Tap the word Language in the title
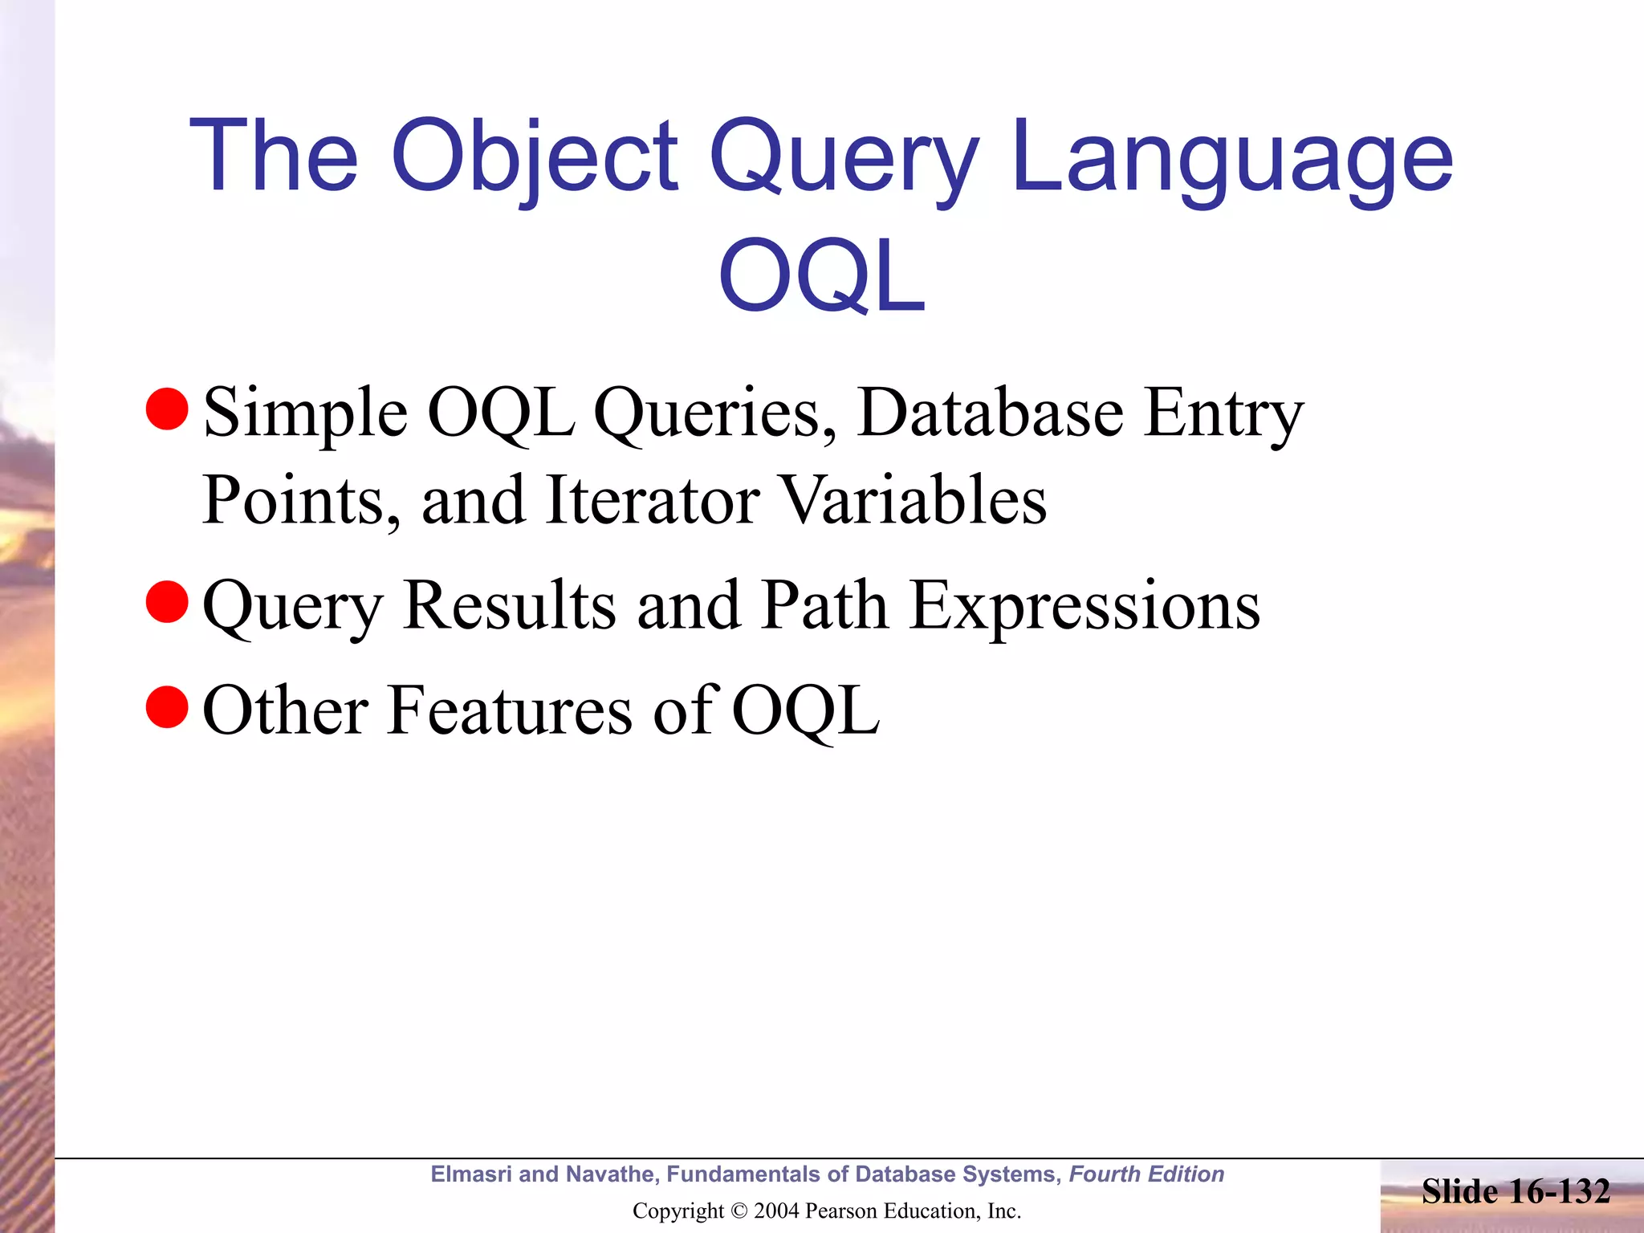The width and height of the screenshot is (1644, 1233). click(1232, 157)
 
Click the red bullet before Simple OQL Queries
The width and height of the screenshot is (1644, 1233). click(167, 409)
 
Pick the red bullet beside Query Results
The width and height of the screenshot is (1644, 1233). click(167, 602)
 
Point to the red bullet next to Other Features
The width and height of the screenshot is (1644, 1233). click(167, 706)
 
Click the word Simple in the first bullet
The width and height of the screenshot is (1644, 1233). click(305, 413)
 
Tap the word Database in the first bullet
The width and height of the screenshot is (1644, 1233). click(990, 413)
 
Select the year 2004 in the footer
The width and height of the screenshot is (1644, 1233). click(775, 1211)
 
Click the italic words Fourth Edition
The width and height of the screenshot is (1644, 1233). click(1146, 1174)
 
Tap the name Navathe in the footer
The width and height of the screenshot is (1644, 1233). click(612, 1174)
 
